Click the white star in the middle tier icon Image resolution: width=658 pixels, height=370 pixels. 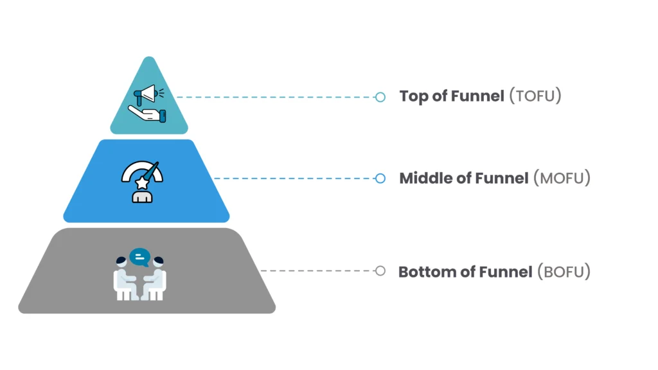click(x=141, y=184)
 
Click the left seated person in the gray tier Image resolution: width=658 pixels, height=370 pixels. click(x=124, y=279)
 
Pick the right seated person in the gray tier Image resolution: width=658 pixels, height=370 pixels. click(x=156, y=279)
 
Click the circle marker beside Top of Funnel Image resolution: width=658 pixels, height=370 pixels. click(x=380, y=97)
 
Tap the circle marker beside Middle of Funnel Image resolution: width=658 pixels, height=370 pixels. click(x=380, y=178)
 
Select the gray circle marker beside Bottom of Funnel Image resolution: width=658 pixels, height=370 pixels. click(x=380, y=271)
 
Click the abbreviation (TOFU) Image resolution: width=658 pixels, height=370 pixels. click(x=535, y=96)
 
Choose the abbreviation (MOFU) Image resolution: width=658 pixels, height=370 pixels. click(x=562, y=178)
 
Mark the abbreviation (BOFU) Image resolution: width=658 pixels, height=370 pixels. click(x=564, y=272)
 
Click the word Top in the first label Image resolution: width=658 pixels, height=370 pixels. click(x=414, y=97)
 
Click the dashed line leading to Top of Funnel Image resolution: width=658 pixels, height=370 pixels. click(x=276, y=97)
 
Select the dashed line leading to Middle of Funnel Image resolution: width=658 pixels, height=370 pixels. click(x=296, y=178)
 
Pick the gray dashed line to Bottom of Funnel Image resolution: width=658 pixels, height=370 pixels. click(x=318, y=271)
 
